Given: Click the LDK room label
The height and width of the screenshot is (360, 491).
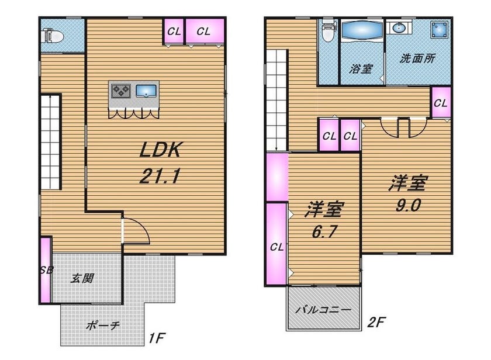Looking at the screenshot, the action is tap(160, 150).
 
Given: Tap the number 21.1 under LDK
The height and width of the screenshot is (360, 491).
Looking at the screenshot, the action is tap(160, 176).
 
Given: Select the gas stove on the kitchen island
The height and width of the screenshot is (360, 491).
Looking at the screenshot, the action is tap(121, 91).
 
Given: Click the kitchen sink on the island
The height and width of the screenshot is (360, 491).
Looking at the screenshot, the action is tap(146, 91).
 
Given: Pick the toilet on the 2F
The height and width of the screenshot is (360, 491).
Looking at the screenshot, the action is tap(327, 32).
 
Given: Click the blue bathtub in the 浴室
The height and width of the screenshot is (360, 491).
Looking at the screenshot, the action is tap(361, 30).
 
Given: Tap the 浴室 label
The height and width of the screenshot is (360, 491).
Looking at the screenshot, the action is tap(361, 68).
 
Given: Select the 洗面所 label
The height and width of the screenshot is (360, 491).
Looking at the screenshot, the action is tap(417, 58).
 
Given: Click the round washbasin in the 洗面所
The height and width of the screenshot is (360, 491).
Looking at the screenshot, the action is tap(399, 29).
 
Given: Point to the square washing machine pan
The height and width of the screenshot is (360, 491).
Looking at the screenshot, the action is tap(439, 30).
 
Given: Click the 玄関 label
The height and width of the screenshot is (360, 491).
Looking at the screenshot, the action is tap(82, 278).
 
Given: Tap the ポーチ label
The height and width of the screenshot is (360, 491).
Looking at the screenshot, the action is tap(103, 326).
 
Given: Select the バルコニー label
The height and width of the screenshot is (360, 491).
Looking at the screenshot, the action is tap(324, 310).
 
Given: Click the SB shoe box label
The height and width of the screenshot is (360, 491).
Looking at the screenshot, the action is tap(47, 269).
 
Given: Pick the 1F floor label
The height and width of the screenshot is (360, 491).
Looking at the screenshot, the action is tap(157, 338).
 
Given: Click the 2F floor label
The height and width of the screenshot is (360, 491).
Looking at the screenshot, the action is tap(376, 322).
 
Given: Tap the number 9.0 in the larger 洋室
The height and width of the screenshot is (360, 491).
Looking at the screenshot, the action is tap(408, 205).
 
